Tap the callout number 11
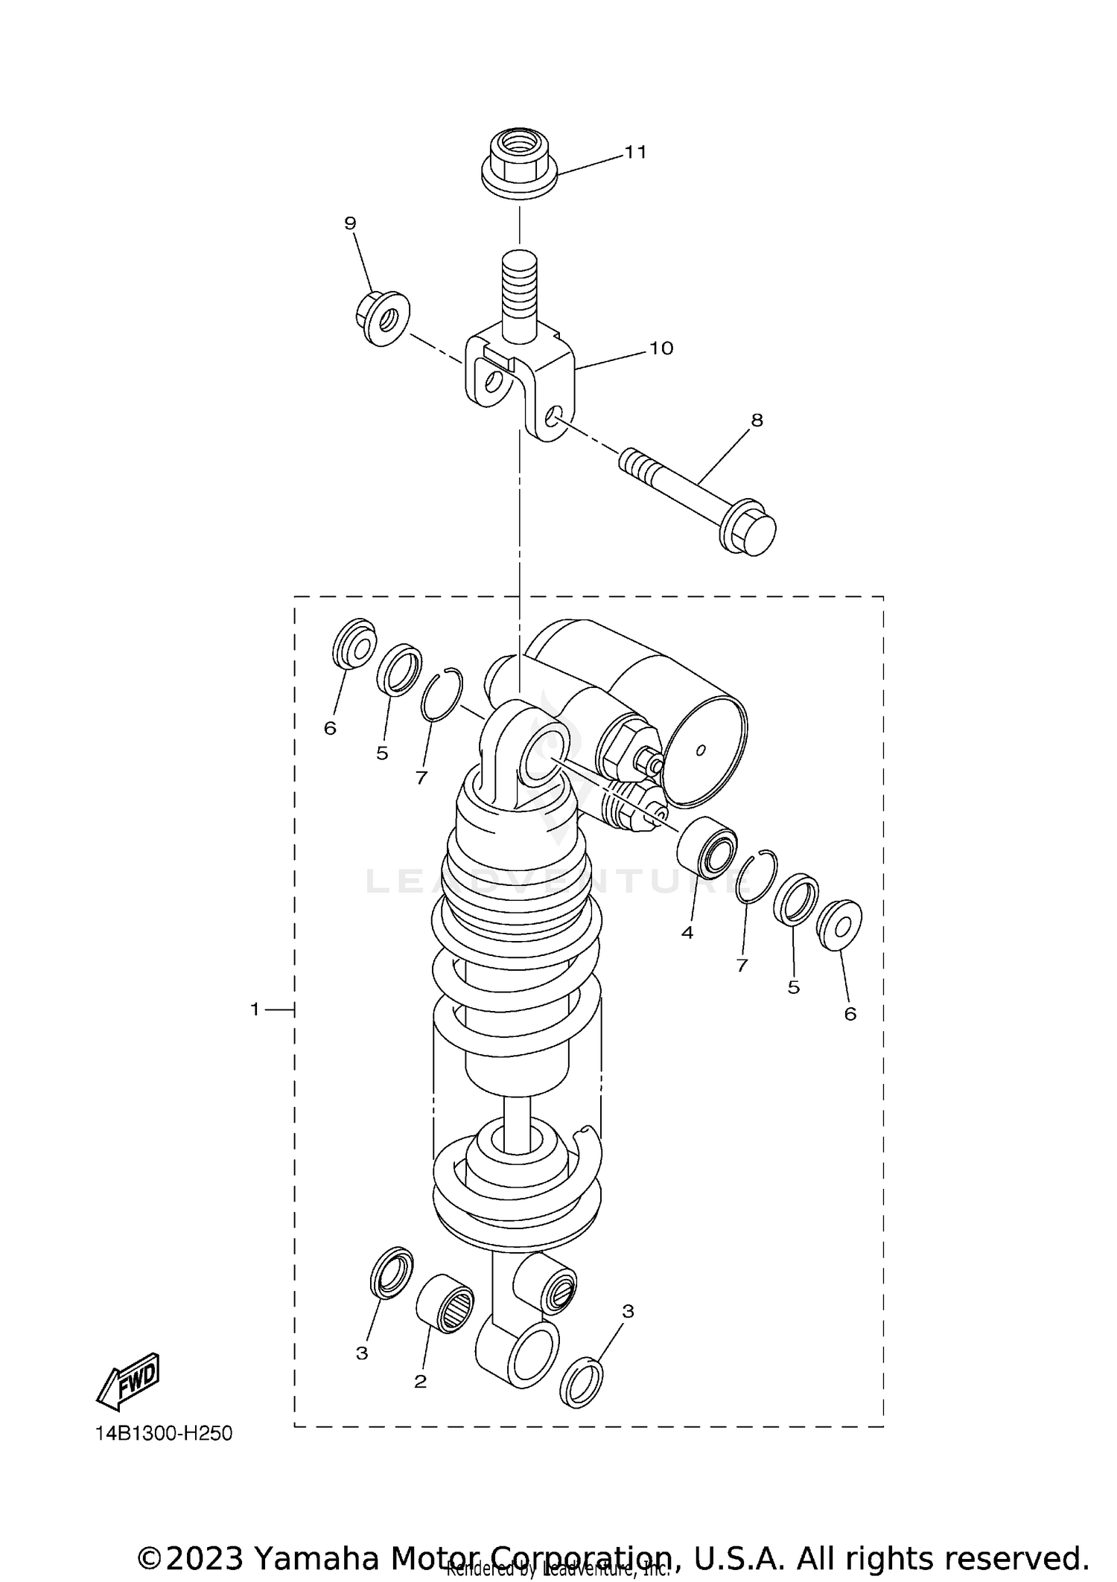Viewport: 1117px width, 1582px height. point(635,153)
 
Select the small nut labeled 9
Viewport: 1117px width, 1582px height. point(382,318)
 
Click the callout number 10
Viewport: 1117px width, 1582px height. point(661,348)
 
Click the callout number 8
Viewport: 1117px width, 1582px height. point(757,421)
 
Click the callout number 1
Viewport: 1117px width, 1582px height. point(255,1010)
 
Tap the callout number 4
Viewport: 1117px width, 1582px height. point(687,932)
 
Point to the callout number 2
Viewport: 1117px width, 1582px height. point(420,1382)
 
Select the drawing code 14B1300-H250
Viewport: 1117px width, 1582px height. point(164,1434)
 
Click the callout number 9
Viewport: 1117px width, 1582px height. point(350,223)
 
